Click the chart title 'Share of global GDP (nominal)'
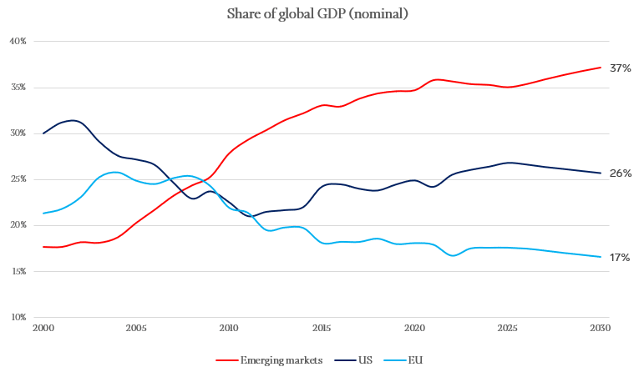coord(322,14)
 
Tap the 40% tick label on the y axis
coord(18,41)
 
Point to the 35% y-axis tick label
coord(18,87)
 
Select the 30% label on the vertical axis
coord(18,133)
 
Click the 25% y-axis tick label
coord(18,179)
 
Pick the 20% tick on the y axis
coord(18,225)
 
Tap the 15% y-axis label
coord(18,271)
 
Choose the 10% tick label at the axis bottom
coord(18,317)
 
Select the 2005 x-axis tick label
coord(137,329)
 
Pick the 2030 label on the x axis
coord(599,329)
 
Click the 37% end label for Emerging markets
coord(620,68)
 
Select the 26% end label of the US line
coord(620,173)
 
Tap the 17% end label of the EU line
coord(620,258)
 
